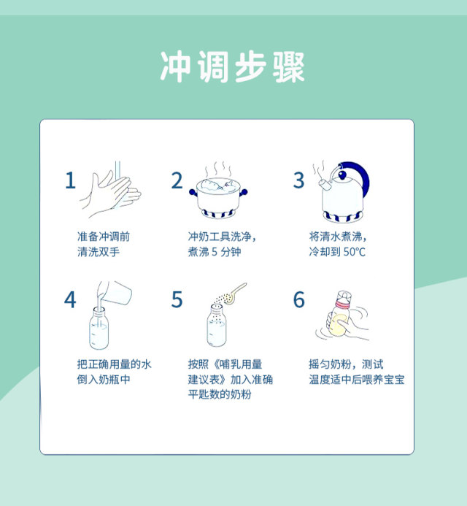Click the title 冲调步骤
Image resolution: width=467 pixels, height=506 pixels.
tap(232, 66)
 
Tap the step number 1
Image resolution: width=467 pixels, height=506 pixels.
tap(70, 180)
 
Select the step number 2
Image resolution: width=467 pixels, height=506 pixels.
tap(177, 180)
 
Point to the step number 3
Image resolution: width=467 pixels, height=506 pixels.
tap(298, 180)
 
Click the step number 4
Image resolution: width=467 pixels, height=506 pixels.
tap(70, 299)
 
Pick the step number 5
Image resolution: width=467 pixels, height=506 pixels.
tap(177, 299)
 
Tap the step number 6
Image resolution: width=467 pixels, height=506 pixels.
tap(298, 299)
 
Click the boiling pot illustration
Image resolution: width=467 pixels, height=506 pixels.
tap(218, 197)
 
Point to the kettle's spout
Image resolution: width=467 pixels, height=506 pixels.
tap(324, 185)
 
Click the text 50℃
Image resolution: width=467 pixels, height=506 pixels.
tap(355, 252)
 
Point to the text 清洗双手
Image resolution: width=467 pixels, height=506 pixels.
tap(99, 252)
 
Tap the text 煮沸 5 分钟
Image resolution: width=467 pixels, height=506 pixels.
tap(215, 252)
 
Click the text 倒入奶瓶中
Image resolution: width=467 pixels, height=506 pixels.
tap(104, 379)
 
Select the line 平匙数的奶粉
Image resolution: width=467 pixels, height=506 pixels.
tap(220, 394)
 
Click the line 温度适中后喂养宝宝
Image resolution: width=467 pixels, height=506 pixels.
tap(357, 379)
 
